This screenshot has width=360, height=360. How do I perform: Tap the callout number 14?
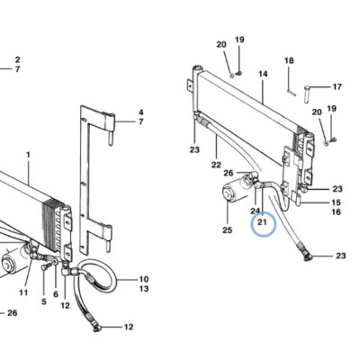263,74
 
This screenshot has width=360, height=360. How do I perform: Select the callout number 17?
337,86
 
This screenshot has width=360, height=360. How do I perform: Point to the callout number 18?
289,61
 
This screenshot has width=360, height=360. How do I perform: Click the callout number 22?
216,165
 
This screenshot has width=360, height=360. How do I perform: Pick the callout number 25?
228,230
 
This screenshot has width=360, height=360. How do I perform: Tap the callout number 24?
256,211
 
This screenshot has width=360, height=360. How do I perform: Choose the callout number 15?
336,202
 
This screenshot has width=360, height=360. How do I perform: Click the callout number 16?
336,212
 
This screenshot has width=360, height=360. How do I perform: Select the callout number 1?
28,155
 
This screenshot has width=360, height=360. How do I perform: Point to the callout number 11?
23,292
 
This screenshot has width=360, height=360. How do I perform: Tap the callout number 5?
44,301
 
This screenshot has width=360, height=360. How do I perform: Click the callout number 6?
56,294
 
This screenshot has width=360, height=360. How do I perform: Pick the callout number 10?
144,279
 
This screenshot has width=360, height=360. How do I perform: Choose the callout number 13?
144,289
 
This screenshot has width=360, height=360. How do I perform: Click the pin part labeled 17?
307,94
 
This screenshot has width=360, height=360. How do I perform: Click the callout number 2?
17,59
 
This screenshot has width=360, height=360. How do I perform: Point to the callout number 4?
141,112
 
